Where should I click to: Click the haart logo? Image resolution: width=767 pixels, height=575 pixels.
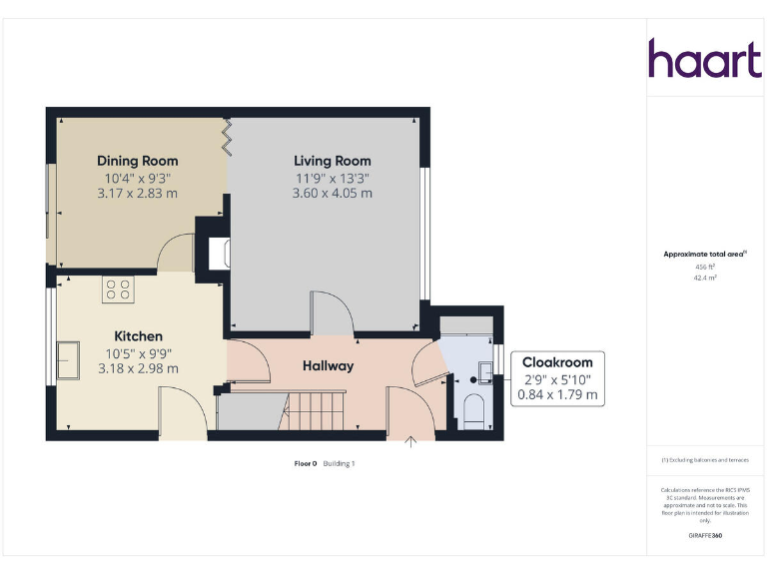(x=705, y=59)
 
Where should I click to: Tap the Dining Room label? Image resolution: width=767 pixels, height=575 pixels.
(x=137, y=161)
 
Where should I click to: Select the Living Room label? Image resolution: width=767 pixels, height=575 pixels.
(x=332, y=161)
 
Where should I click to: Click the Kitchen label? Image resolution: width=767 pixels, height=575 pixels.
(x=138, y=336)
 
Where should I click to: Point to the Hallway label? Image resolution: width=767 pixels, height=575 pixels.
(x=328, y=366)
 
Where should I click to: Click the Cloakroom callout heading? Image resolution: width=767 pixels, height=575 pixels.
(x=559, y=362)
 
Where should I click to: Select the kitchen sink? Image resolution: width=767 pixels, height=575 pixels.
(x=69, y=360)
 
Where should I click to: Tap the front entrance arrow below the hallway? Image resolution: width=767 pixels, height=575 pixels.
(x=409, y=442)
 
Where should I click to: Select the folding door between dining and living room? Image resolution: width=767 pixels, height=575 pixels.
(x=228, y=137)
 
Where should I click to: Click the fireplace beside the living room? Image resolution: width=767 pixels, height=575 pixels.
(x=215, y=254)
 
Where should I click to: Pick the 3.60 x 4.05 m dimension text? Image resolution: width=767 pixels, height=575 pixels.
(x=332, y=193)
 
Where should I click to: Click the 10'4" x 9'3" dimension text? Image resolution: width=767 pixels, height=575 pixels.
(x=137, y=178)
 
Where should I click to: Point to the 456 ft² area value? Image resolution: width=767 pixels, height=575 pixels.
(x=705, y=267)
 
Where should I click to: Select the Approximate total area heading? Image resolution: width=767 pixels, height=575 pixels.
(x=704, y=255)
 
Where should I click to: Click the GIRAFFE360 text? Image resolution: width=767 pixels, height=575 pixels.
(x=705, y=536)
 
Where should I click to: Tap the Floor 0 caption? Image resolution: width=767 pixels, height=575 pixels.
(x=305, y=463)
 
